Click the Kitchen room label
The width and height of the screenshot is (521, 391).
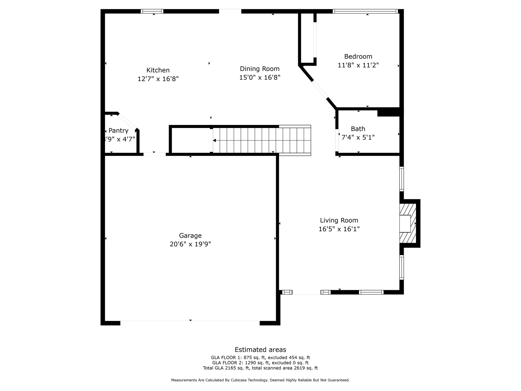click(158, 70)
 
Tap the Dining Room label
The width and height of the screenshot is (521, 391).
click(260, 69)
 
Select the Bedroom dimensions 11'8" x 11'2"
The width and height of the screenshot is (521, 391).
click(358, 65)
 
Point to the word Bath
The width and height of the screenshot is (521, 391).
click(358, 129)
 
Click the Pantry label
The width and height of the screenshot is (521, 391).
click(118, 131)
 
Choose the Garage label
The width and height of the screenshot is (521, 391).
click(190, 236)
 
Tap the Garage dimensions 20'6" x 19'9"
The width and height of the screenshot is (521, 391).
click(190, 244)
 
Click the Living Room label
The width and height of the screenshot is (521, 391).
click(339, 220)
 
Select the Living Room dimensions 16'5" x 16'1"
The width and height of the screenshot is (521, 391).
click(339, 229)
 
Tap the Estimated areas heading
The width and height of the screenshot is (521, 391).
click(260, 350)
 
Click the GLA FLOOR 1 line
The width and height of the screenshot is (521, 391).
click(260, 358)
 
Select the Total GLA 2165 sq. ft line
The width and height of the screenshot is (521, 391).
click(260, 368)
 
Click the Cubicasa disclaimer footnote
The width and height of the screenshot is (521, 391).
click(260, 380)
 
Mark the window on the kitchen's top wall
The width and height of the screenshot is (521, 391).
click(152, 11)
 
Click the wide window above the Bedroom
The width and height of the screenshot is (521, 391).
click(365, 11)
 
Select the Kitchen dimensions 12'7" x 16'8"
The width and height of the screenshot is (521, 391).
click(158, 79)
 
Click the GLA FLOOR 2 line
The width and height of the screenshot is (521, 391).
click(260, 363)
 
